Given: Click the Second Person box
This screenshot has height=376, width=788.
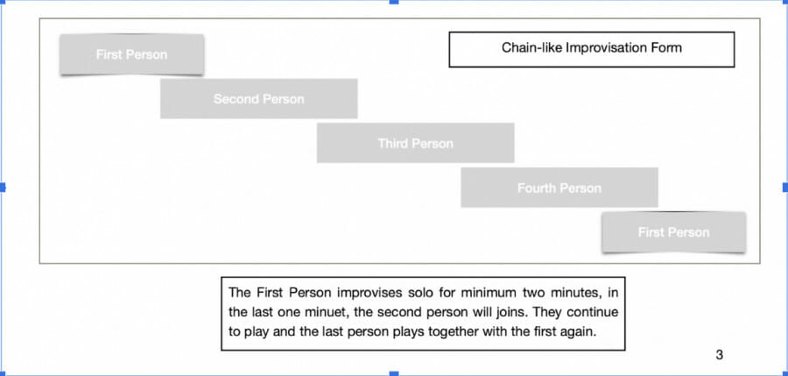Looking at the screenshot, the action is (x=259, y=99).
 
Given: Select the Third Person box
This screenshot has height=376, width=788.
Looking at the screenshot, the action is (x=416, y=143).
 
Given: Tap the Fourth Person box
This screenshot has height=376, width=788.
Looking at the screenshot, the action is (x=559, y=188).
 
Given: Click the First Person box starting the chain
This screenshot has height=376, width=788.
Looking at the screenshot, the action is (x=131, y=54).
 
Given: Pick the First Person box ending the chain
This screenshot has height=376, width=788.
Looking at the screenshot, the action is (x=674, y=232).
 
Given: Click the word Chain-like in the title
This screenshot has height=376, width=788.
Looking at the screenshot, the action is (x=531, y=48).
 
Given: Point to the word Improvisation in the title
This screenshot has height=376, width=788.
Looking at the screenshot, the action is (x=609, y=48).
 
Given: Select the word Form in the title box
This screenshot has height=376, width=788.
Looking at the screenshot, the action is (x=668, y=48).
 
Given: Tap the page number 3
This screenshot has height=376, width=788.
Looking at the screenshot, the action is (x=719, y=355).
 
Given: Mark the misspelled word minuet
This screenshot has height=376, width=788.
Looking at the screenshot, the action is (x=325, y=311).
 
